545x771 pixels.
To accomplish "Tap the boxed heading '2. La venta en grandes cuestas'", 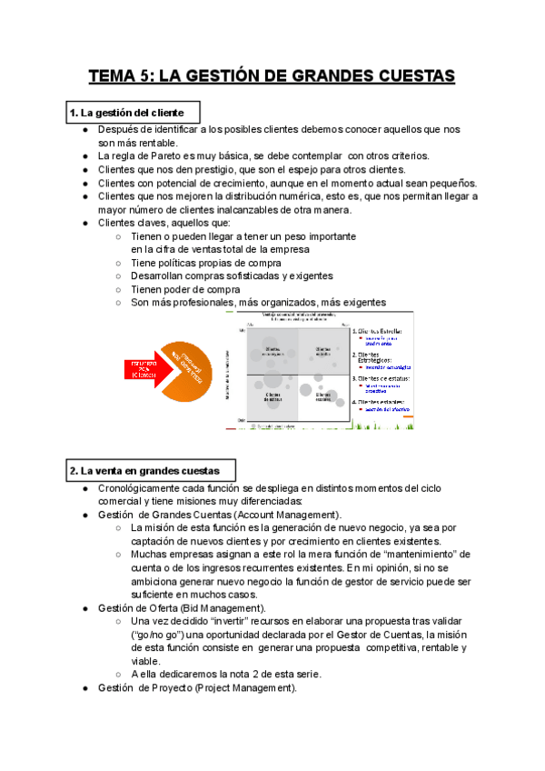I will click(150, 471).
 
